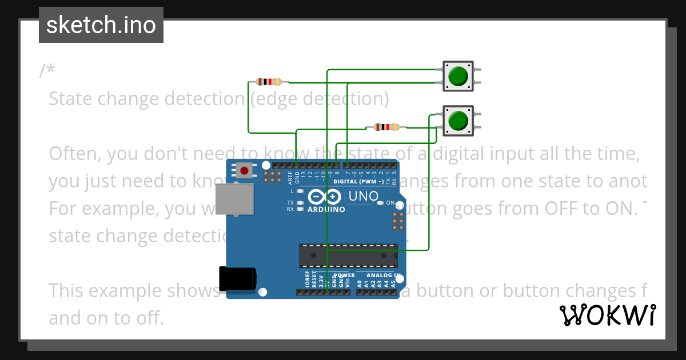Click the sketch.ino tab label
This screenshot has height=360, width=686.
pyautogui.click(x=101, y=25)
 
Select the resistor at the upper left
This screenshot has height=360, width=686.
pyautogui.click(x=269, y=82)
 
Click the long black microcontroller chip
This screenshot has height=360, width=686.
pyautogui.click(x=348, y=255)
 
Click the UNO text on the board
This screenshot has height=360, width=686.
pyautogui.click(x=364, y=197)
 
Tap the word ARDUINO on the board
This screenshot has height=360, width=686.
pyautogui.click(x=326, y=210)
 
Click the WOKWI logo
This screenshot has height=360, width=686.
pyautogui.click(x=607, y=315)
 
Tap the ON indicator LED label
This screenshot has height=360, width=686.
pyautogui.click(x=390, y=203)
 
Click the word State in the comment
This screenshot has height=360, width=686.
pyautogui.click(x=72, y=99)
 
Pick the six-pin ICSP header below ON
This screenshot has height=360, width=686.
pyautogui.click(x=398, y=221)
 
